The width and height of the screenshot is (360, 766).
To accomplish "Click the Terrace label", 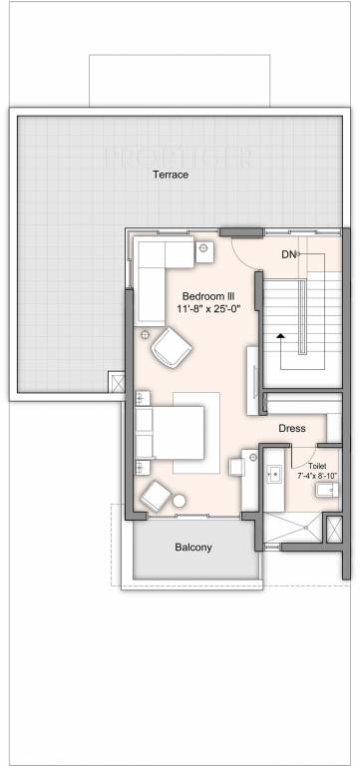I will (171, 175).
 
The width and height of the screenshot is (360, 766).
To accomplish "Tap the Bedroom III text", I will (208, 296).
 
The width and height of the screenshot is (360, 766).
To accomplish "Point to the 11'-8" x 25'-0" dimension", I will (208, 310).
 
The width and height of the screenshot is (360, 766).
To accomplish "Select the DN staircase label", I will (288, 255).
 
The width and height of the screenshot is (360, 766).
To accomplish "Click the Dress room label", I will (292, 429).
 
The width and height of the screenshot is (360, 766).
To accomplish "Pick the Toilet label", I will (317, 466).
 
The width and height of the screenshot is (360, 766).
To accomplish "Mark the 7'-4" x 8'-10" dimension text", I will (317, 476).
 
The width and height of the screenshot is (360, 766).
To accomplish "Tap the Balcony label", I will (193, 548).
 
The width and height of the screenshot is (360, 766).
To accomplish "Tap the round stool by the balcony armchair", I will (180, 500).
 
